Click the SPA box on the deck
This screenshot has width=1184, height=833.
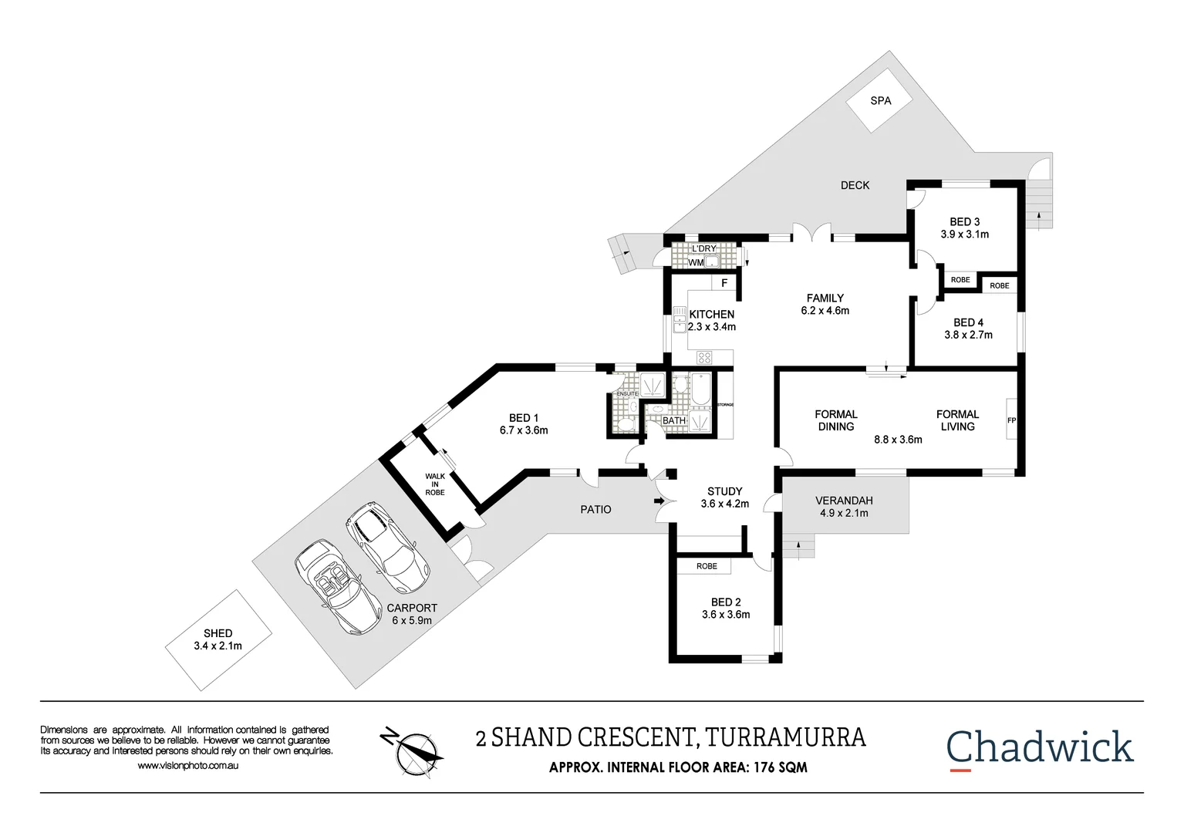[879, 100]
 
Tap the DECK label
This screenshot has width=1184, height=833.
[855, 185]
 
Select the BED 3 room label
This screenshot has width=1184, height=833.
[964, 221]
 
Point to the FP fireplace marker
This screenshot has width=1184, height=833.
[1011, 420]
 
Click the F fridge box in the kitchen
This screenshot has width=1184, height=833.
[724, 283]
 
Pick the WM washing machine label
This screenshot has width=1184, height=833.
[696, 262]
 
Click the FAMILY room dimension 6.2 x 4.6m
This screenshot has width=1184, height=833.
[825, 311]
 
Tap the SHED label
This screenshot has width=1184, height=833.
[218, 633]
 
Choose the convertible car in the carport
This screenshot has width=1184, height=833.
[337, 587]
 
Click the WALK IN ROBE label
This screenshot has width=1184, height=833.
[435, 484]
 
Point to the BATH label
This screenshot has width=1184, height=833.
[674, 420]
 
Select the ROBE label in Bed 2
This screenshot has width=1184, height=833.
[707, 566]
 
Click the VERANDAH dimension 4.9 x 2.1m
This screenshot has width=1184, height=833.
[844, 513]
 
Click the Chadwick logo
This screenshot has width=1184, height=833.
[1039, 747]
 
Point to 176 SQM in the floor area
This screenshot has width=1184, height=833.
[780, 767]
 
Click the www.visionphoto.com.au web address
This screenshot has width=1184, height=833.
[187, 766]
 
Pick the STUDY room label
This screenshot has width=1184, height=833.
[724, 491]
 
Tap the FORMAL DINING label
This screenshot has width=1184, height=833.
[836, 420]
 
